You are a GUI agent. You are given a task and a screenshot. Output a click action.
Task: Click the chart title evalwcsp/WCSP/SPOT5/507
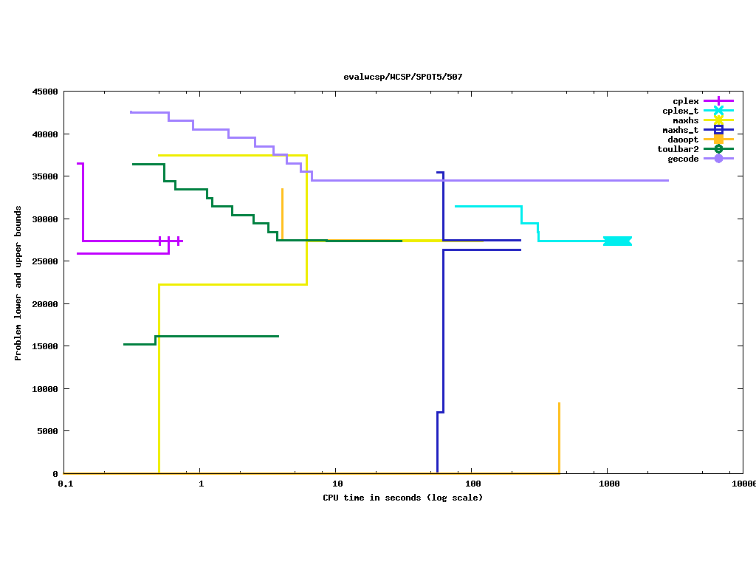pos(402,77)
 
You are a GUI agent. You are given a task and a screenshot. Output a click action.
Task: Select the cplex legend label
pos(685,101)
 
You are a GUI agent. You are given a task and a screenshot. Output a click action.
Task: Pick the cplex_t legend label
pos(680,111)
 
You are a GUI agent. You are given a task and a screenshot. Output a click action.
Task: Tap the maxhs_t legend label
pos(680,130)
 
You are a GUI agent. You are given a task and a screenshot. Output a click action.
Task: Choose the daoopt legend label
pos(683,140)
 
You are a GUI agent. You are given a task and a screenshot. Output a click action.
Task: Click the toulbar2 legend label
pos(678,149)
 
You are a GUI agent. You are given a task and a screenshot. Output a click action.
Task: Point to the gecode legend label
pos(683,159)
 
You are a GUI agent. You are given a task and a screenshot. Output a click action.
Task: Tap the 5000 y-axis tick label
pos(47,431)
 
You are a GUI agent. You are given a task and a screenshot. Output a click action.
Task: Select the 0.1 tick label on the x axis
pos(65,484)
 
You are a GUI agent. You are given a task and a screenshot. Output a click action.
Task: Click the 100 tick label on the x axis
pos(472,484)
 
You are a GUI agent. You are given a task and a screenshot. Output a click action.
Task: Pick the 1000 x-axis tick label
pos(608,484)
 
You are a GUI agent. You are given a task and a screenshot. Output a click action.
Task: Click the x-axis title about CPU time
pos(402,498)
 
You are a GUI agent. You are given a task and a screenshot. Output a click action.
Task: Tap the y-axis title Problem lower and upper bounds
pos(18,283)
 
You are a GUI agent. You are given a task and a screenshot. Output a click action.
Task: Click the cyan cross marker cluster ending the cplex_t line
pos(617,241)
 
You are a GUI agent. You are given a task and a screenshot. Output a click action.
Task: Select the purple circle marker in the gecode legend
pos(718,159)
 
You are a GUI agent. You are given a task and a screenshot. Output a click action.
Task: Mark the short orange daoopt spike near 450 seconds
pos(559,436)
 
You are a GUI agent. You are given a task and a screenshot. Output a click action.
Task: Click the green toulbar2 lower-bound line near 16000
pos(214,336)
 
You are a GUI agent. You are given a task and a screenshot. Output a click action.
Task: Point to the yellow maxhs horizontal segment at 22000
pos(233,284)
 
